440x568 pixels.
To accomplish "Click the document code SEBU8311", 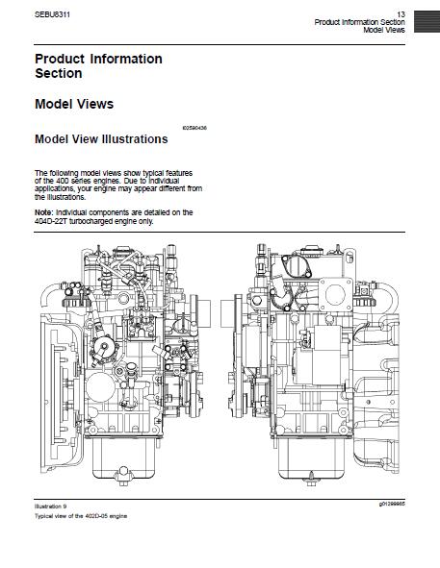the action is point(52,14).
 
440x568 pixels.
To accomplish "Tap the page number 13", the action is point(401,14).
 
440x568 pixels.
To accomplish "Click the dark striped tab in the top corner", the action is point(427,21).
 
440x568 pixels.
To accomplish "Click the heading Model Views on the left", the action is point(74,104).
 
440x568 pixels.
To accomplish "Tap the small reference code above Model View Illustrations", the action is point(194,128).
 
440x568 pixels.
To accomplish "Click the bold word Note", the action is point(44,212).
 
